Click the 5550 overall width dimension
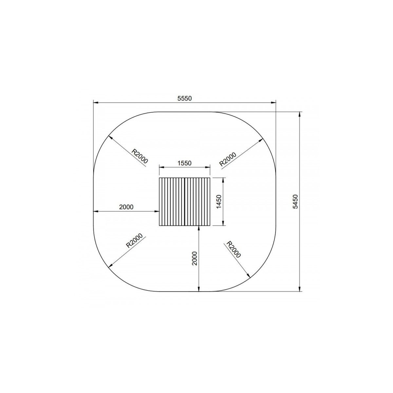(x=185, y=98)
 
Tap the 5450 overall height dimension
(x=295, y=201)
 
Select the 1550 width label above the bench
(x=185, y=163)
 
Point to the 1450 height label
(x=219, y=202)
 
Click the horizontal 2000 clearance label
(x=126, y=207)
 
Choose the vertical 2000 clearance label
(x=195, y=258)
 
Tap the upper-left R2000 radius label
(x=140, y=156)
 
